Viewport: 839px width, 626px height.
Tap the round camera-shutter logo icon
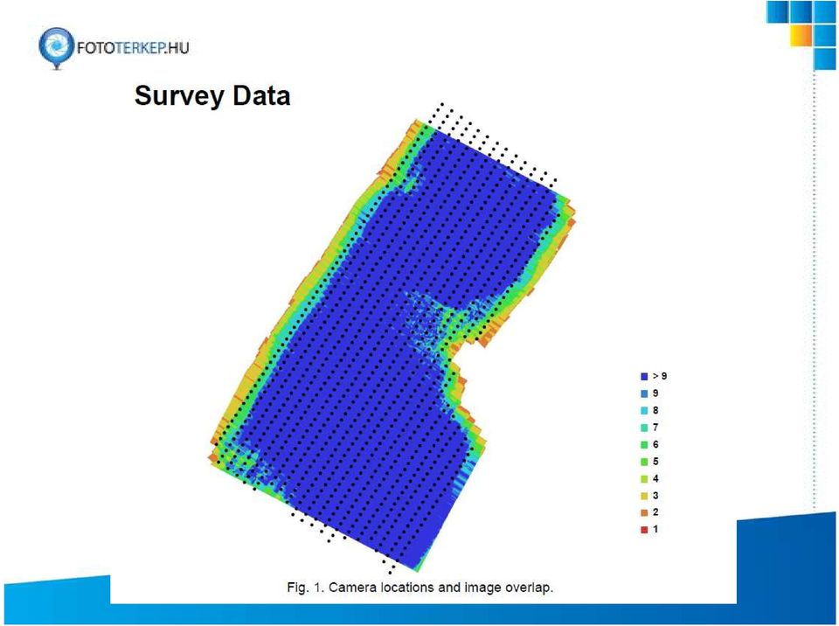56,47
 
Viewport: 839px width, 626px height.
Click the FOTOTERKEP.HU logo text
133,48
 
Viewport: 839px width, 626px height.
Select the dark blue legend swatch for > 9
644,377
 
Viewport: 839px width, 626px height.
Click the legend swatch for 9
644,393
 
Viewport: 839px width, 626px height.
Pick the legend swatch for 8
644,411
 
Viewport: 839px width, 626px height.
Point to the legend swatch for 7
644,428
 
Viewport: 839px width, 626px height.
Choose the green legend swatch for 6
644,444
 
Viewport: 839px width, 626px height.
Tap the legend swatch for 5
644,462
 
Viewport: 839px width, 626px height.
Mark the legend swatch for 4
644,479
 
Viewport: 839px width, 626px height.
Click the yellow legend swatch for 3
644,496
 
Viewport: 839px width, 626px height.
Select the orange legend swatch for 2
644,512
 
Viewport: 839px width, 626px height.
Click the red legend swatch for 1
644,530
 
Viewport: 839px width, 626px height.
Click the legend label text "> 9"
660,376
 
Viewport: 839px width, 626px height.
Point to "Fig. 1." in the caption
306,588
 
